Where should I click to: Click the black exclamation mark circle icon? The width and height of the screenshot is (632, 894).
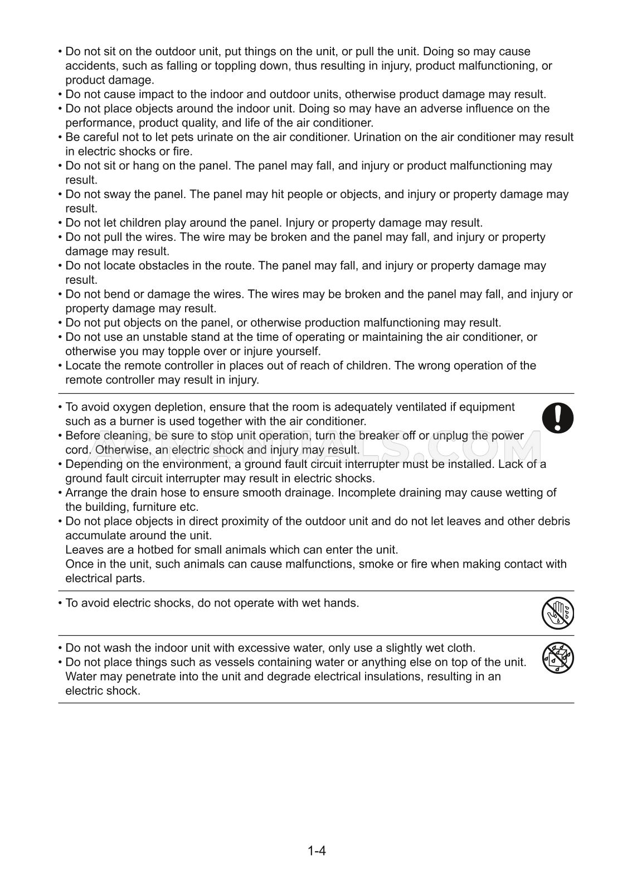point(557,418)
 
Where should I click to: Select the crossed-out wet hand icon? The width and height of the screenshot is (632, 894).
point(557,613)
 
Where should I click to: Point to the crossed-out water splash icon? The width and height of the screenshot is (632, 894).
point(557,658)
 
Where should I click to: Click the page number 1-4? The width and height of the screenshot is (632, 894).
point(316,851)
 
